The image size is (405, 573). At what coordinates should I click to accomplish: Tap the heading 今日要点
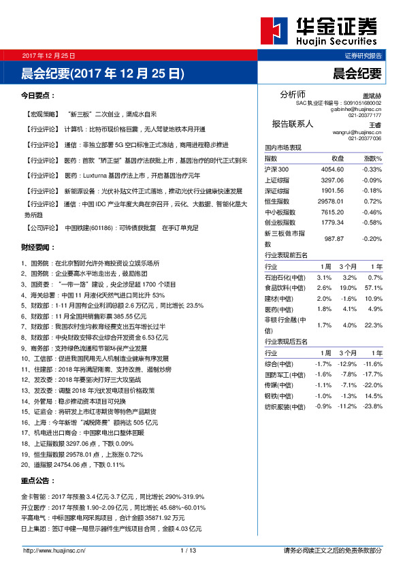click(38, 95)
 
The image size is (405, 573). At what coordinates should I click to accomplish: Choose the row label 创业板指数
click(280, 223)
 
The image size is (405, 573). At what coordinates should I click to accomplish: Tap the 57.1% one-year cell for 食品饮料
click(373, 289)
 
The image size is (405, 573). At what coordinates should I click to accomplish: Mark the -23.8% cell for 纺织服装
click(372, 406)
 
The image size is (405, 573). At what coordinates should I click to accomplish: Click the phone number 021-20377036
click(364, 138)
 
